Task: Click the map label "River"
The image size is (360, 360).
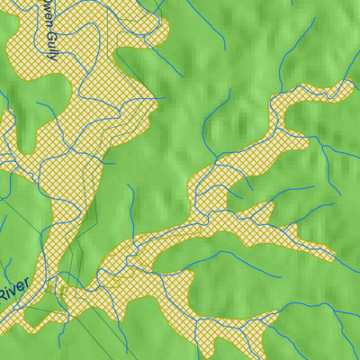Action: tap(15, 292)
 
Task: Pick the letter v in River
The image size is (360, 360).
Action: tap(16, 292)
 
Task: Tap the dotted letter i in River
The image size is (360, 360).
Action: tap(11, 294)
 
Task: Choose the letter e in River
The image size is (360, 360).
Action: tap(22, 289)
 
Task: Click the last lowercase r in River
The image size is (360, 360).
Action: tap(28, 285)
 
